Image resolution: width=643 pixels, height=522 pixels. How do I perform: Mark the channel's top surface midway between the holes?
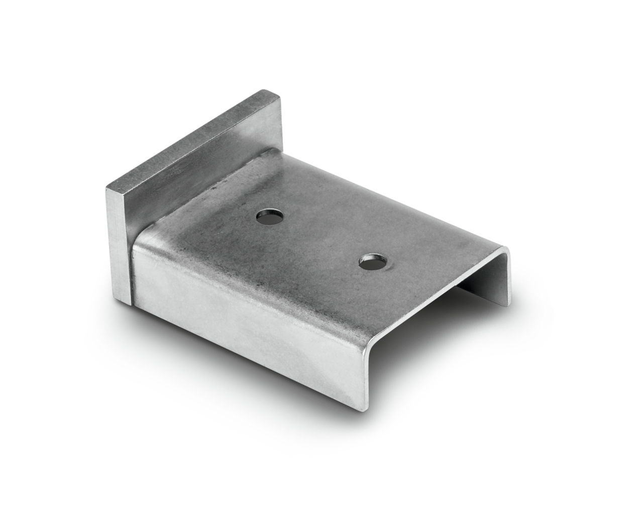point(321,238)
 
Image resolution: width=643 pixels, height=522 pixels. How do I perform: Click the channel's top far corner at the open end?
point(507,248)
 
